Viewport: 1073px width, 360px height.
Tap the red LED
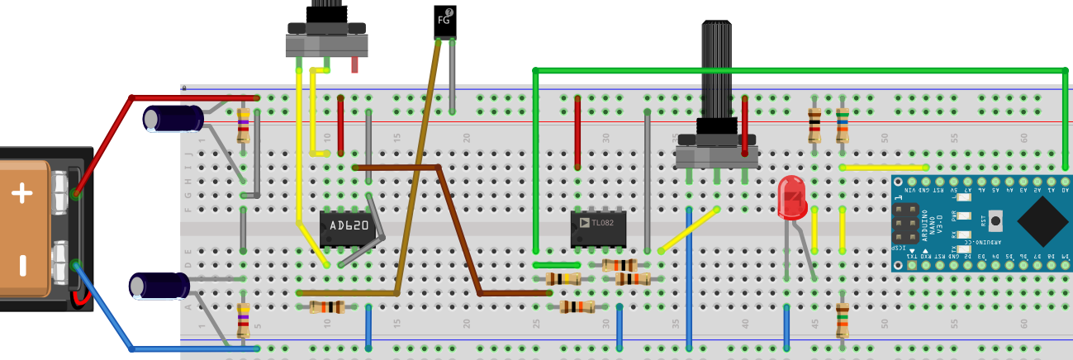click(791, 197)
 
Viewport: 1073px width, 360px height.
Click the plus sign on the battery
click(21, 194)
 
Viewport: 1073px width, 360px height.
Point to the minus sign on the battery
click(22, 265)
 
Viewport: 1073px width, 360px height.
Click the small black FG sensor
click(444, 21)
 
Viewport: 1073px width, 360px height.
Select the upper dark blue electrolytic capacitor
click(173, 118)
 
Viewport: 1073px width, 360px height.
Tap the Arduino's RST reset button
click(995, 220)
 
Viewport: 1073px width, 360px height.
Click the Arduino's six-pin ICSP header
click(912, 227)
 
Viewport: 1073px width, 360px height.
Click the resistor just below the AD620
click(327, 307)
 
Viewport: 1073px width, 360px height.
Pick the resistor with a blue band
click(842, 125)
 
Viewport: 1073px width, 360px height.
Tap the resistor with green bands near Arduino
click(842, 320)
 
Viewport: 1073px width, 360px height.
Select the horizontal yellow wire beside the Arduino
click(884, 168)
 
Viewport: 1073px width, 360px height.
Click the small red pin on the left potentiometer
click(354, 64)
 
